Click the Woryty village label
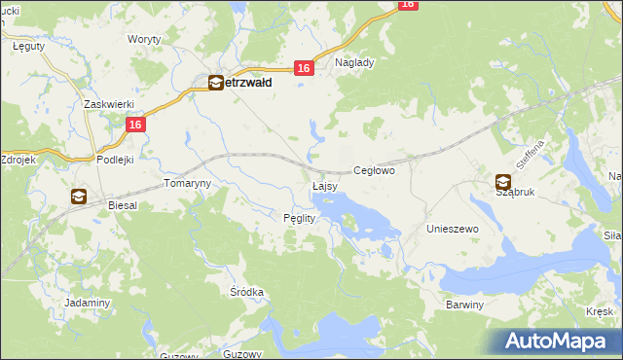[x=144, y=39]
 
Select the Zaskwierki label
[x=107, y=104]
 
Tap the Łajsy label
[x=324, y=185]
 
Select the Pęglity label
[x=298, y=218]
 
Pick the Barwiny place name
[x=464, y=305]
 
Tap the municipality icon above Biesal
[x=78, y=197]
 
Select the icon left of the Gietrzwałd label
[x=215, y=84]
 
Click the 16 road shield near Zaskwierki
[x=135, y=125]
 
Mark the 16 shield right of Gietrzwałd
[x=305, y=68]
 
